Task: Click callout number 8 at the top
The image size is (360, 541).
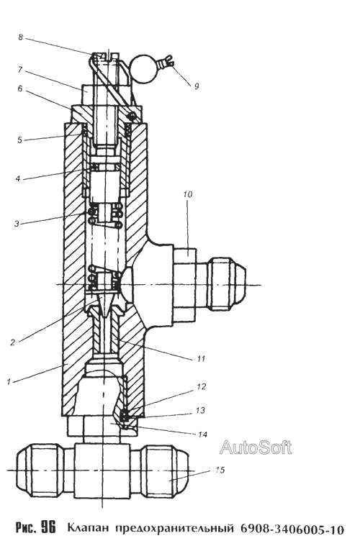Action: pos(21,37)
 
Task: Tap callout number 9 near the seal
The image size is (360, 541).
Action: pos(197,86)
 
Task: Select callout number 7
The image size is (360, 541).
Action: pos(20,70)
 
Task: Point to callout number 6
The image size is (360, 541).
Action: pos(20,88)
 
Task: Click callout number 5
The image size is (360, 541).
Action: pos(20,140)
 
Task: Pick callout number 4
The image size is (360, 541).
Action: pos(17,178)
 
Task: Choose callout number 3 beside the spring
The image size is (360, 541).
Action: pos(17,223)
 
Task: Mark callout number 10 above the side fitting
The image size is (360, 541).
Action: pos(188,194)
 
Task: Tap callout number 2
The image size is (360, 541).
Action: pos(13,342)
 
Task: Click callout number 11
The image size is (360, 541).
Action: pos(201,359)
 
